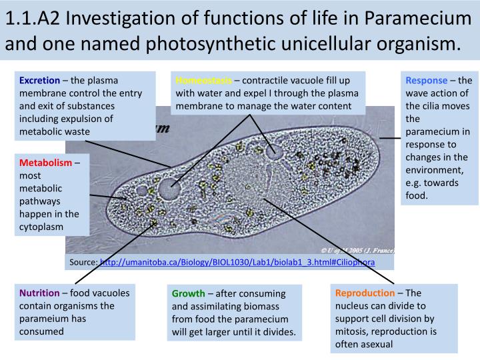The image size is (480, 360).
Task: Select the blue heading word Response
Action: (x=427, y=81)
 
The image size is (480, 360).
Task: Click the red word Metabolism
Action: (x=45, y=163)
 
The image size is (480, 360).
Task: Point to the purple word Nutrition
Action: (x=39, y=293)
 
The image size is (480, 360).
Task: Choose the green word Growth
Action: (x=189, y=293)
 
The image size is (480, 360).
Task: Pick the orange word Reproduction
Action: (x=365, y=293)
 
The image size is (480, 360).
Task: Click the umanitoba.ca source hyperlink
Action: (x=237, y=262)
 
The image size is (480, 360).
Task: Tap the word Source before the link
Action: (x=83, y=262)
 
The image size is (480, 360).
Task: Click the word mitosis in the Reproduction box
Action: (x=351, y=331)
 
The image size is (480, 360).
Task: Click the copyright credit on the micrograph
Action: (x=357, y=251)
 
